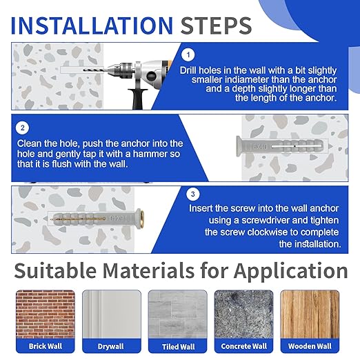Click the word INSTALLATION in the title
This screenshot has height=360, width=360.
(x=92, y=26)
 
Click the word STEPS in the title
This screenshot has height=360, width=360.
(x=216, y=26)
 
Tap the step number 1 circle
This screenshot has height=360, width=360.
(x=188, y=54)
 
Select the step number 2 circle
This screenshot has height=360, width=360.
(x=23, y=128)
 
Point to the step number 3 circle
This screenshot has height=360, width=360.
(x=193, y=194)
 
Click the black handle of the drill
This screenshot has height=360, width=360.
(x=137, y=99)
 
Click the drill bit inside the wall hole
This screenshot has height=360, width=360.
(x=95, y=70)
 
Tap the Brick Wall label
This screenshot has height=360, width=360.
(x=46, y=346)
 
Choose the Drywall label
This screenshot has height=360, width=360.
(x=110, y=346)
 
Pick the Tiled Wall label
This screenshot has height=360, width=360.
(x=178, y=347)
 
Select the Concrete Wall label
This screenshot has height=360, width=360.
(x=243, y=346)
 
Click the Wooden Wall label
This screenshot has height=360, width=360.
(x=310, y=346)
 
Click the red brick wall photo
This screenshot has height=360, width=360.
(x=46, y=314)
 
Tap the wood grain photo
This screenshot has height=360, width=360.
(x=310, y=314)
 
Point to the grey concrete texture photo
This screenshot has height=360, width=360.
(x=243, y=314)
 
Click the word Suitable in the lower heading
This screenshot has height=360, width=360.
(x=55, y=270)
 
